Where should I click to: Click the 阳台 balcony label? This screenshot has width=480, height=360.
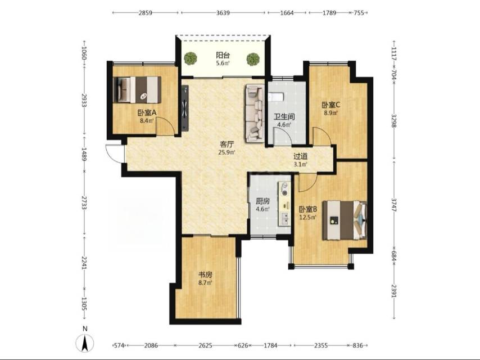click(223, 56)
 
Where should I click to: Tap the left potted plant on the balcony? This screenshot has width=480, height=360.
click(191, 58)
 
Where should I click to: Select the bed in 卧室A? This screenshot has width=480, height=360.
click(137, 89)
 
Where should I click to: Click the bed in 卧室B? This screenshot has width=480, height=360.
click(345, 220)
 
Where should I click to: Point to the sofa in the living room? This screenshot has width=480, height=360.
click(254, 114)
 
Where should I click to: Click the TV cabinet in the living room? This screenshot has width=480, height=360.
click(185, 108)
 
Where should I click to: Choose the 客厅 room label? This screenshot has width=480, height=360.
click(227, 143)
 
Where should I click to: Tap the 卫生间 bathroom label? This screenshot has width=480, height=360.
click(284, 116)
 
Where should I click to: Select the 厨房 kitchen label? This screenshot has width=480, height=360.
click(262, 201)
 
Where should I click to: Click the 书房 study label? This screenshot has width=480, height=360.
click(205, 274)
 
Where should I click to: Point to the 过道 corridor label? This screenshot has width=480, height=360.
click(300, 156)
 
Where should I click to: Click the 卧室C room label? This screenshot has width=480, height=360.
click(330, 105)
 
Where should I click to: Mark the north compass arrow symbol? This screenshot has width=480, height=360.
click(85, 343)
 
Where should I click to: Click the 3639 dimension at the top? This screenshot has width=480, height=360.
click(223, 13)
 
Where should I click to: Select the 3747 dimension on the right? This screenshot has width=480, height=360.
click(393, 204)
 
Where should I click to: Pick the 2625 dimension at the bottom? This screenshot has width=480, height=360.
click(205, 345)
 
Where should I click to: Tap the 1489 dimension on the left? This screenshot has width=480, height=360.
click(84, 154)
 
